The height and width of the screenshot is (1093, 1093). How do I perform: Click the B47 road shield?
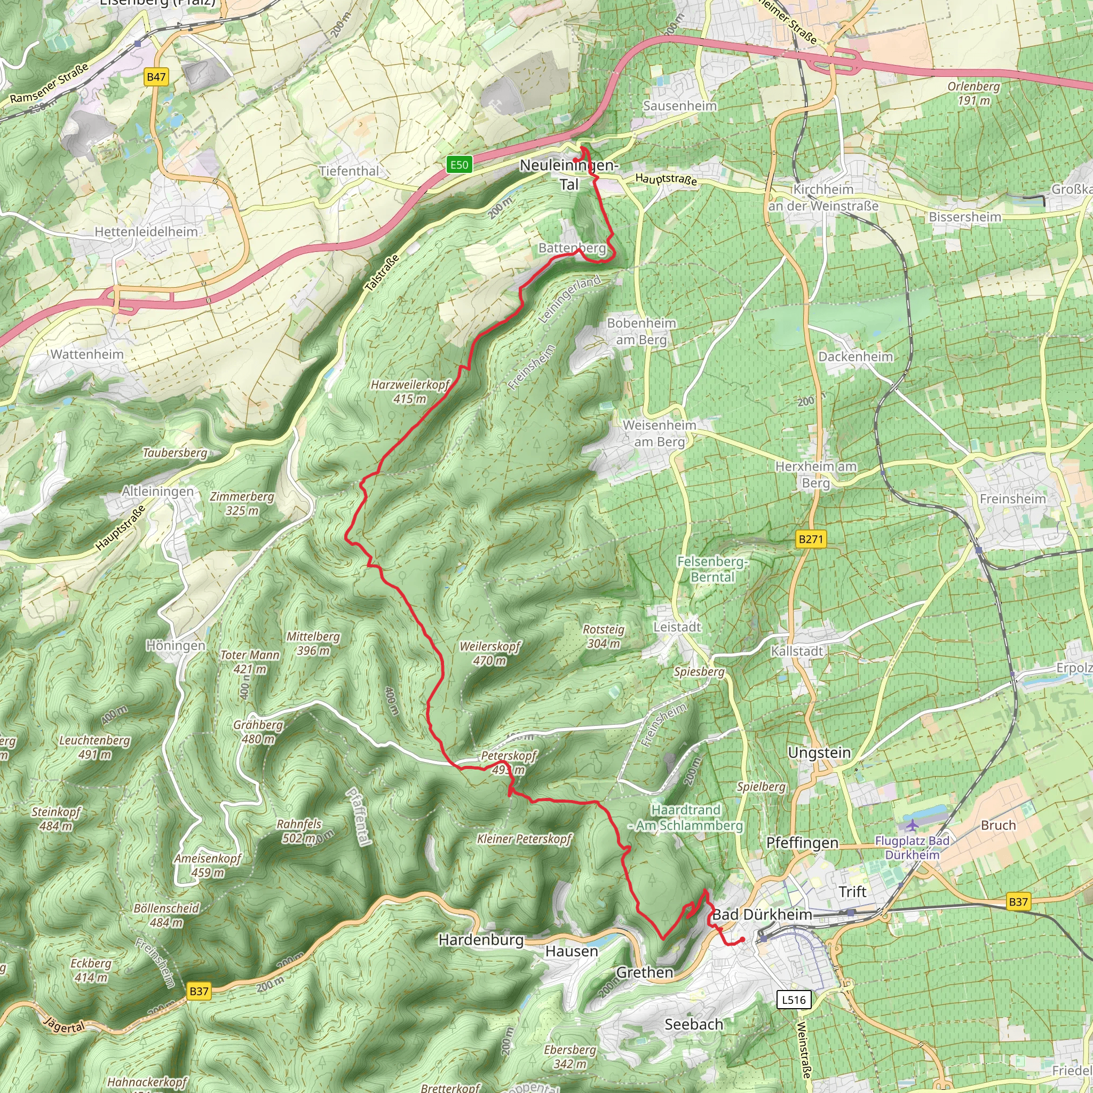point(156,77)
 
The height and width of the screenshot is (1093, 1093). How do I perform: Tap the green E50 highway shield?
point(459,164)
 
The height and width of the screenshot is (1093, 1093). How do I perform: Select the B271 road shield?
point(811,538)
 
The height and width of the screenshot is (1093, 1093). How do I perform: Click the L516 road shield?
point(794,1000)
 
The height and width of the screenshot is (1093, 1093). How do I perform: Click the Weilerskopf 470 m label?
point(490,653)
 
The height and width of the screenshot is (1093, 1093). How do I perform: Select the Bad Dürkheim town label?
point(762,914)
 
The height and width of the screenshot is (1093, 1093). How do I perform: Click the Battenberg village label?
point(572,248)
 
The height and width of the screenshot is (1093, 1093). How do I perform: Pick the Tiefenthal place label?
point(349,171)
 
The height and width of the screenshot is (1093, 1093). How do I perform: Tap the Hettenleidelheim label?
point(146,232)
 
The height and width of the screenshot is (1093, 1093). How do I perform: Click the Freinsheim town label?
point(1012,498)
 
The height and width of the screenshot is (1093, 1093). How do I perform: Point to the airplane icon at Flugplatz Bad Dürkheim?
point(912,825)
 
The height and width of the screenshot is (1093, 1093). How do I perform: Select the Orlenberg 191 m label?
point(973,93)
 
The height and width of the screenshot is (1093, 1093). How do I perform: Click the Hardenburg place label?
point(481,940)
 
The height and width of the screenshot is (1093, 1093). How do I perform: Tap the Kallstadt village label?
point(797,651)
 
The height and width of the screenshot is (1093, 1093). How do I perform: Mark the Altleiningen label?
point(158,491)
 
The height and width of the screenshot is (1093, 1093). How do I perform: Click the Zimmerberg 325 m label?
point(242,503)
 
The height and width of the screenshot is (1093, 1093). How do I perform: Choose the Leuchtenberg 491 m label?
point(95,747)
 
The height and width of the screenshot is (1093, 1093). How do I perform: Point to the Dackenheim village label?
point(856,357)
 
